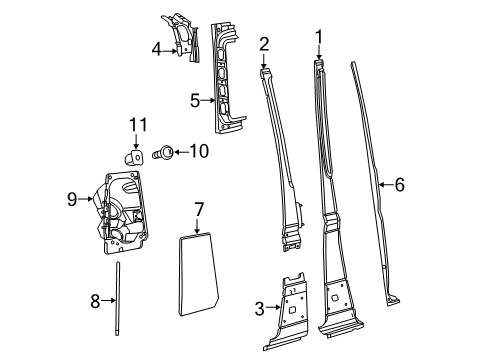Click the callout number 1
point(320,39)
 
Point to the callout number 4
point(157,48)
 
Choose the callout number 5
point(196,100)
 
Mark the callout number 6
point(399,184)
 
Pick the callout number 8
point(96,298)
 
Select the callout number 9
point(72,199)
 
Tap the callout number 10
point(199,152)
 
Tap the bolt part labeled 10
point(166,153)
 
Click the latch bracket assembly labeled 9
point(120,215)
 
